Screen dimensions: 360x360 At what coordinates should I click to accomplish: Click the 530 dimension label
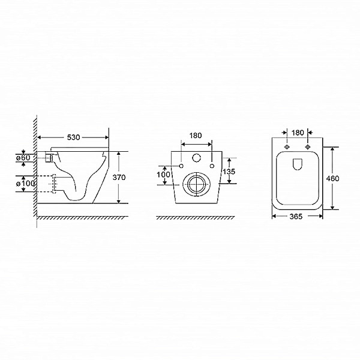point(73,137)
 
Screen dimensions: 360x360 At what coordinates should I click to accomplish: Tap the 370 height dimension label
point(119,177)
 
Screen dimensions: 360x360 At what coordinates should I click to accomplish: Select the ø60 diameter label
point(23,158)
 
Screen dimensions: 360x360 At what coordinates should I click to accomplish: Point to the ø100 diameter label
point(25,184)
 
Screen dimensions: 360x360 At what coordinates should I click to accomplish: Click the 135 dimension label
point(229,171)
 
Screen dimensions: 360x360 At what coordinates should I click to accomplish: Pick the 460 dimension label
point(332,178)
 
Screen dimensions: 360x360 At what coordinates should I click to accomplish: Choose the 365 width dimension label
point(296,216)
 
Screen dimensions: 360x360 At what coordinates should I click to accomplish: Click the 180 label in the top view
point(298,133)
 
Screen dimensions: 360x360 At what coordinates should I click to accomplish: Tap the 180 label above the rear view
point(196,136)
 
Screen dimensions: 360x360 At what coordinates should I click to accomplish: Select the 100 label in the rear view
point(163,175)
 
